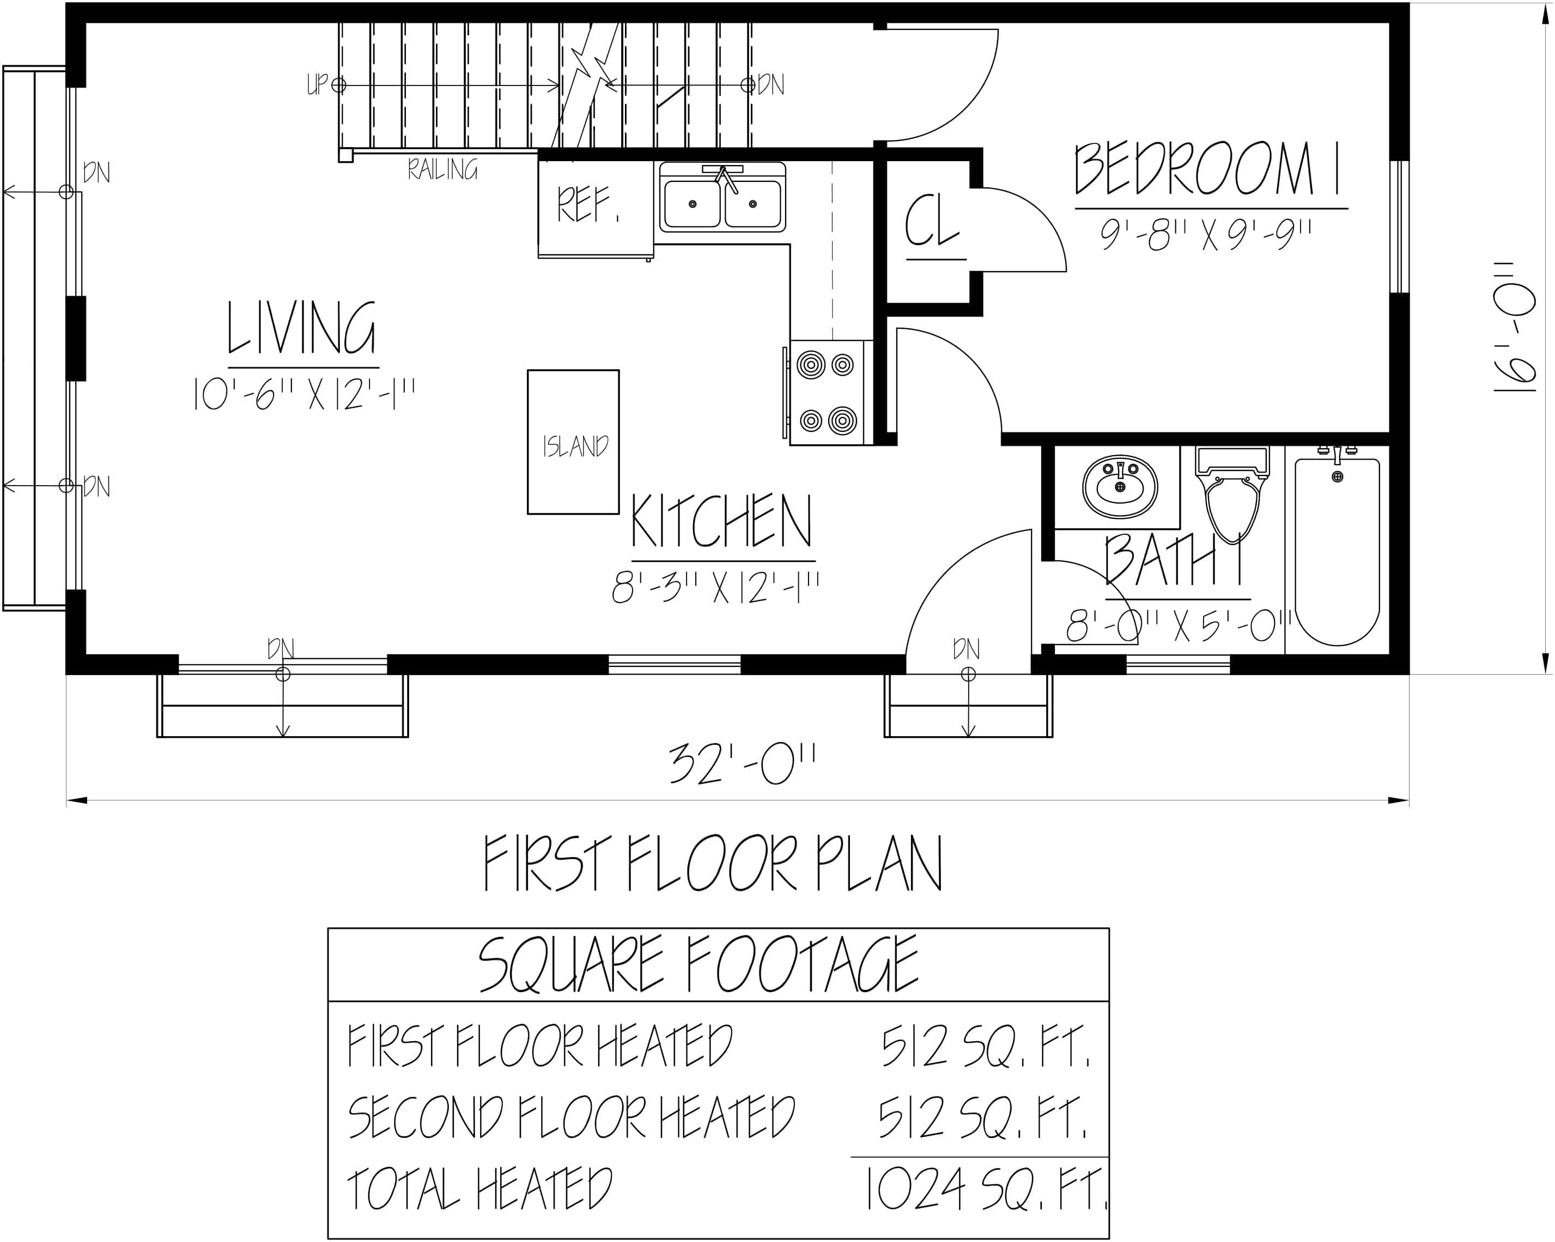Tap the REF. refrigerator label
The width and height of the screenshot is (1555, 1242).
pos(587,205)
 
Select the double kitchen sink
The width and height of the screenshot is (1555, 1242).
pos(722,198)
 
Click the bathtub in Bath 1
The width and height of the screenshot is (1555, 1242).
pos(1337,552)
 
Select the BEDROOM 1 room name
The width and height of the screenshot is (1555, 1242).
pos(1207,170)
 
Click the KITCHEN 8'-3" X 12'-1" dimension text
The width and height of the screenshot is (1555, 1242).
pos(715,588)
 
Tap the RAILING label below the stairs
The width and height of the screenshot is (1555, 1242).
pos(442,170)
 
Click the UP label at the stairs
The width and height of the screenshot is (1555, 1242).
pos(317,84)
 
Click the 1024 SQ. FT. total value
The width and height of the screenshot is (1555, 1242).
pos(985,1190)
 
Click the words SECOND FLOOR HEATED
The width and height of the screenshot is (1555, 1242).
pos(571,1117)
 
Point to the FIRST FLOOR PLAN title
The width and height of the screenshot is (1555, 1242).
pos(713,864)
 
